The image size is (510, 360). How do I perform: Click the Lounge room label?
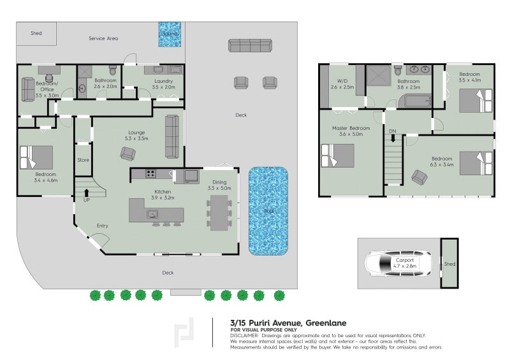137,133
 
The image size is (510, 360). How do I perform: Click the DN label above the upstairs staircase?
393,131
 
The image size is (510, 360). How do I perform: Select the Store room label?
83,160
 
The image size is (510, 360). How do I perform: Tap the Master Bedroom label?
351,128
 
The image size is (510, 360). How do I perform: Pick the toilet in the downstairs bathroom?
112,70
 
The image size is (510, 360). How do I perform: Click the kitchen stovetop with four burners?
152,173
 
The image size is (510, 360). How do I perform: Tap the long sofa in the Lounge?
171,136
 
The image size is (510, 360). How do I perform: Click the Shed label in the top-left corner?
36,33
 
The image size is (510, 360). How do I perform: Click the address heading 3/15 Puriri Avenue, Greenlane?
288,322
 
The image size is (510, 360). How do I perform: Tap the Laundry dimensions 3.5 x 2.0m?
164,87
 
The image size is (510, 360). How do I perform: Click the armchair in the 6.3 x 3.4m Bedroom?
419,177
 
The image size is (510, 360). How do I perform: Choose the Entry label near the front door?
102,226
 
